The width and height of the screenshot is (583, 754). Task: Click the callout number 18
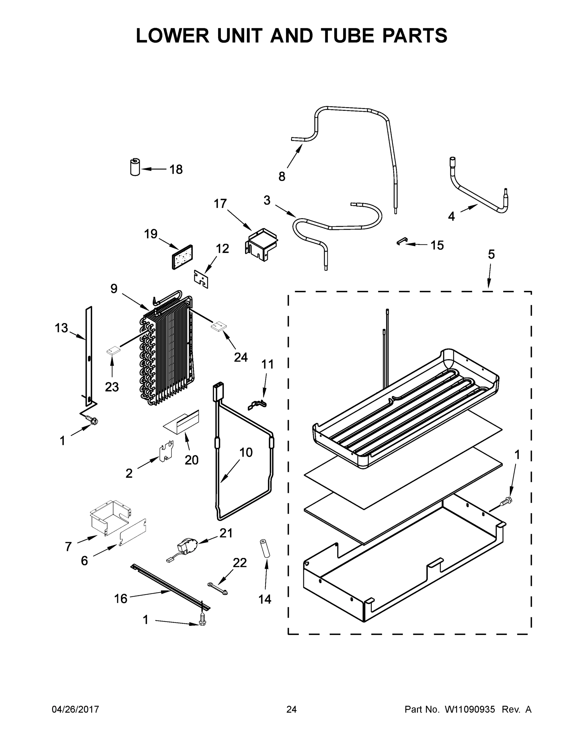click(176, 170)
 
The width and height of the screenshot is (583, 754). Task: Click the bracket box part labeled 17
click(261, 244)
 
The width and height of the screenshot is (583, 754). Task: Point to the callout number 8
click(282, 177)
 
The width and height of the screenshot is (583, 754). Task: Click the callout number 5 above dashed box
click(491, 254)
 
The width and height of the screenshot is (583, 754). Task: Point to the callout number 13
click(61, 328)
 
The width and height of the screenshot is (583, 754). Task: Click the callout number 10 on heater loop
click(246, 452)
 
